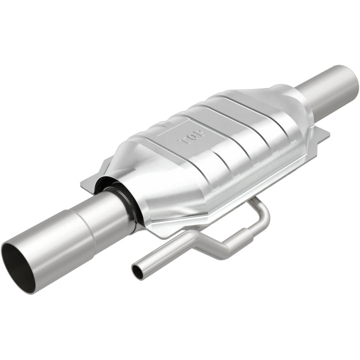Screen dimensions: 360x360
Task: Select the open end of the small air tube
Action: [136, 271]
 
